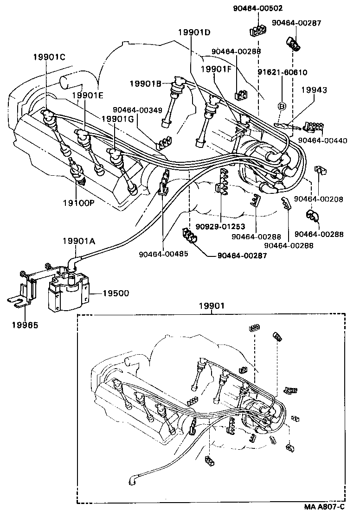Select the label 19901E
point(87,96)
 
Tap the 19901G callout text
point(117,119)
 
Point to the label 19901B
point(145,83)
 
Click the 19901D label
point(194,32)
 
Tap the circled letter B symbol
point(281,106)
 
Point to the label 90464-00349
point(137,110)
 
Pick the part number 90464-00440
point(322,140)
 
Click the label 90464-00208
point(319,199)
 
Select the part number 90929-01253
point(220,227)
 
